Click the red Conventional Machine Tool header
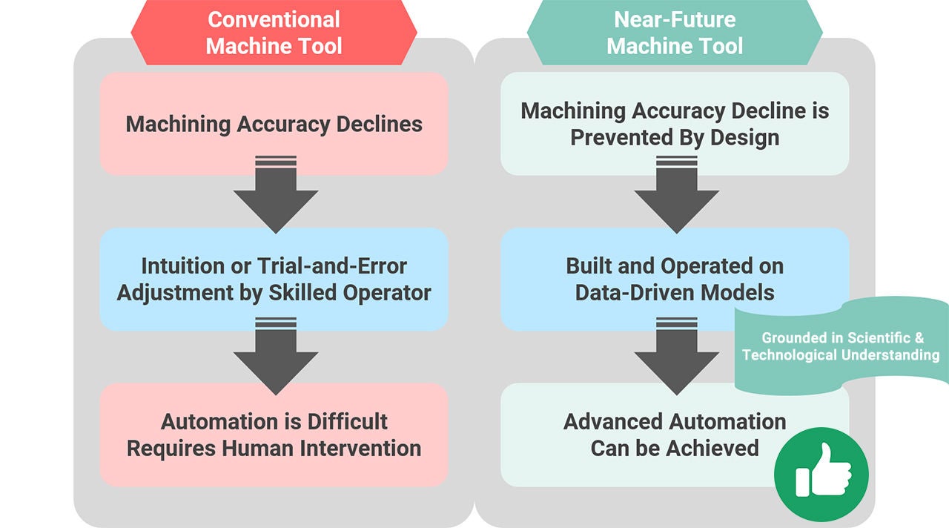click(274, 33)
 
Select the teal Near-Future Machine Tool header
click(674, 33)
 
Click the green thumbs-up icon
click(821, 475)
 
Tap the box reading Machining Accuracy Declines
click(274, 123)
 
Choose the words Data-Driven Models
click(675, 292)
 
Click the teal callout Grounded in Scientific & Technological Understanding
click(841, 346)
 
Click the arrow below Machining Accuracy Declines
click(275, 197)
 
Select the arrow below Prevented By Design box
click(675, 197)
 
